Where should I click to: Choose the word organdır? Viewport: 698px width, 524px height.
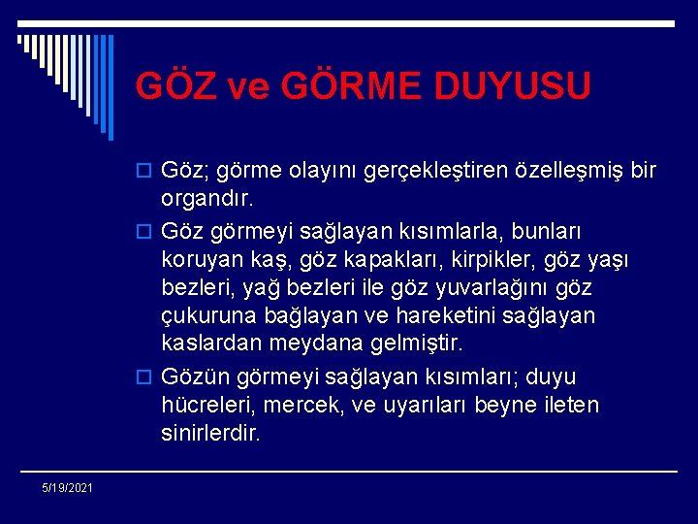206,200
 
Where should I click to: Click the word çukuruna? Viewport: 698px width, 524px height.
206,316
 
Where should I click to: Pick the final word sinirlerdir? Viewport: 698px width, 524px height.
211,433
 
